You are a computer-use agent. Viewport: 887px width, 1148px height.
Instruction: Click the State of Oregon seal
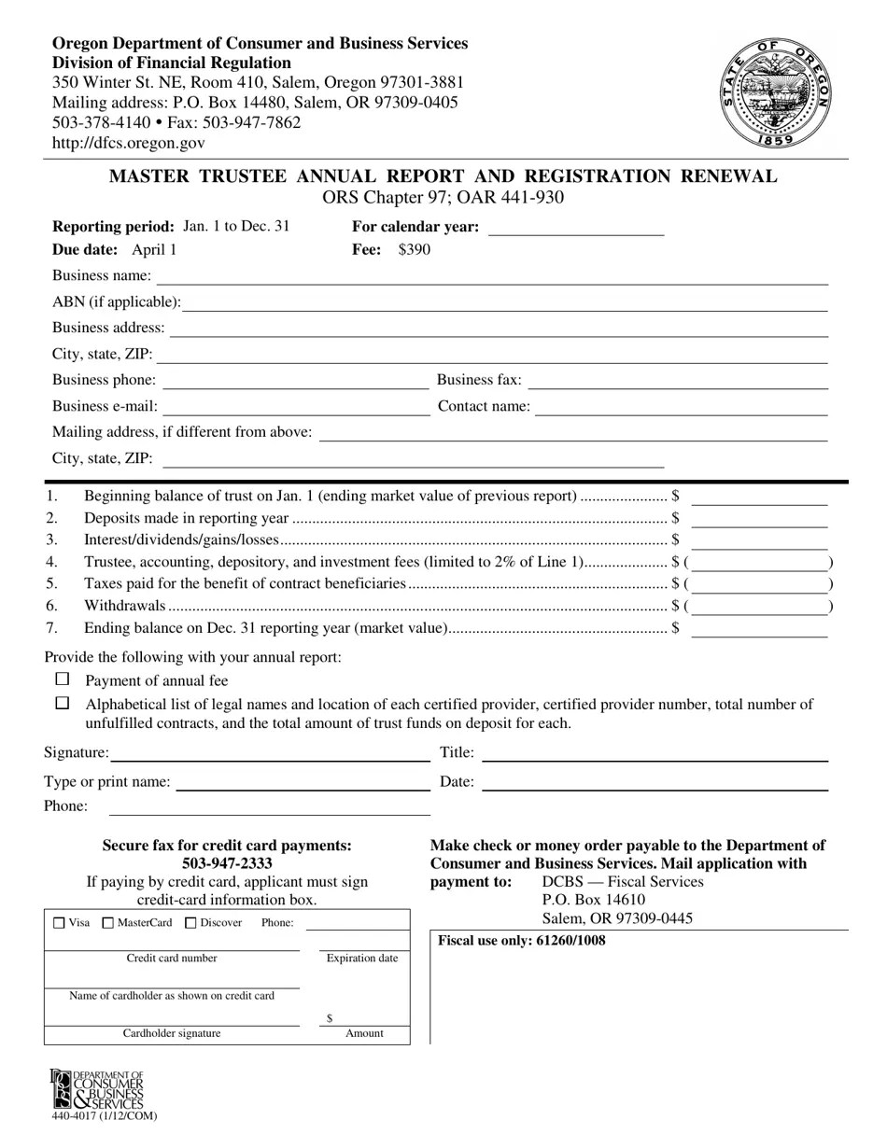click(x=775, y=94)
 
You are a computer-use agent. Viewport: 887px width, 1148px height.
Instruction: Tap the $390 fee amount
click(x=415, y=250)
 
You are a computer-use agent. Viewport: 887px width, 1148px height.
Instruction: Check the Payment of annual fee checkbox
click(x=63, y=679)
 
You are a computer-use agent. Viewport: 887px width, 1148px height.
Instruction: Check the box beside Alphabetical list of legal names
click(x=63, y=703)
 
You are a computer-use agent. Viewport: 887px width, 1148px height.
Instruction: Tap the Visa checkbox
click(x=60, y=923)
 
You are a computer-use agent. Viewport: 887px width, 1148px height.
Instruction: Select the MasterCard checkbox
click(x=108, y=923)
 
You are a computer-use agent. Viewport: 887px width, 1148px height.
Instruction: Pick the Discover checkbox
click(x=191, y=923)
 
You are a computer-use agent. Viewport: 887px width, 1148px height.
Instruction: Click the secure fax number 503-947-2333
click(x=227, y=863)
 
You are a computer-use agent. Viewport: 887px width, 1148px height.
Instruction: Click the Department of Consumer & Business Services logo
click(x=97, y=1088)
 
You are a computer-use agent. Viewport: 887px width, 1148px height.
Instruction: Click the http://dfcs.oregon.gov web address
click(x=128, y=143)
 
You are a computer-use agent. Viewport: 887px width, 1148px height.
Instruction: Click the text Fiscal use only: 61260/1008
click(x=521, y=941)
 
